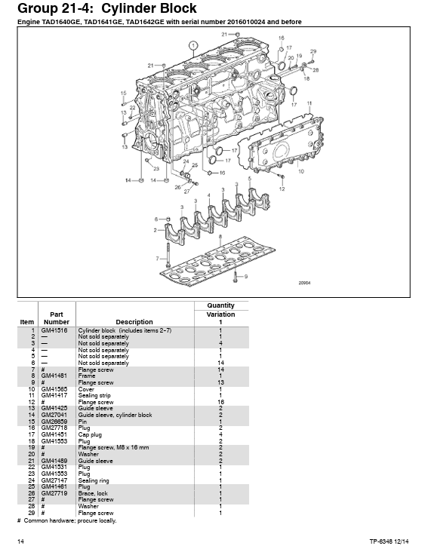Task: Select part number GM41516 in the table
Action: click(x=54, y=330)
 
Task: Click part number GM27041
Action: click(x=54, y=415)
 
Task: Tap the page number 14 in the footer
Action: click(x=21, y=541)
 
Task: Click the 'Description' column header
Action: click(x=134, y=322)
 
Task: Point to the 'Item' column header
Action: click(x=27, y=322)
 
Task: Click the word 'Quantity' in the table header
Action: click(x=220, y=305)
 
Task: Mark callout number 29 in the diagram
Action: click(x=313, y=51)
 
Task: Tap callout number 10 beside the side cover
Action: click(x=301, y=171)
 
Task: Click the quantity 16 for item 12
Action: click(x=220, y=402)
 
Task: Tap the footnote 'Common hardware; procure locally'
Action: click(x=72, y=520)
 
